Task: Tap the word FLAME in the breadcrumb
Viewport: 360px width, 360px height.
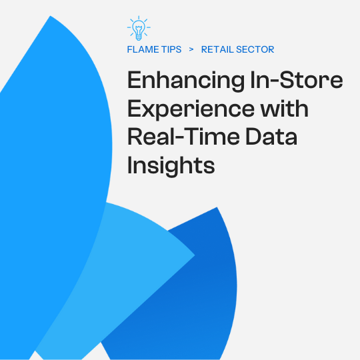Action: point(143,49)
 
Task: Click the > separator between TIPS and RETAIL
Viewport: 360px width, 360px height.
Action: point(191,49)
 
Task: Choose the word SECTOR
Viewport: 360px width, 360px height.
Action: point(256,49)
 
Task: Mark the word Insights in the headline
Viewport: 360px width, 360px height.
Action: point(171,165)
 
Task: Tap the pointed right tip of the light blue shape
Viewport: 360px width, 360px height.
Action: point(194,255)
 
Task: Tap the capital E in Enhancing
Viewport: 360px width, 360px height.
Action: point(135,81)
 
